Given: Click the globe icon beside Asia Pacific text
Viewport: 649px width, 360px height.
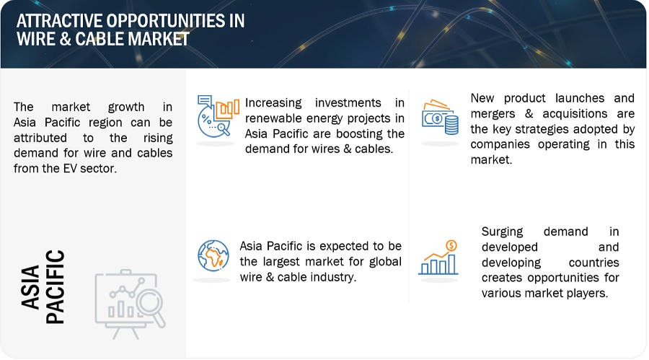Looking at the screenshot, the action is pos(213,255).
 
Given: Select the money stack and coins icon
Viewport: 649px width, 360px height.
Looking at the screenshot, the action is pos(441,118).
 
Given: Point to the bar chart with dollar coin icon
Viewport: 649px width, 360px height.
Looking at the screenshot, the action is pos(438,258).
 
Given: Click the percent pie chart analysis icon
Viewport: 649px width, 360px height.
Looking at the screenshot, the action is pos(218,116).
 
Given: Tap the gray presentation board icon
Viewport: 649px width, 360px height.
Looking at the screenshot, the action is pos(130,304).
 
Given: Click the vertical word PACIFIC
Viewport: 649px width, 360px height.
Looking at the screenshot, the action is pos(56,286).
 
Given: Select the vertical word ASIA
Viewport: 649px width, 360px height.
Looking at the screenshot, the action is pos(30,287).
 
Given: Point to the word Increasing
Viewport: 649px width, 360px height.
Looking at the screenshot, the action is pos(273,102).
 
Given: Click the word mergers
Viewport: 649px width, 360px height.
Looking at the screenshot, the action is pos(493,114).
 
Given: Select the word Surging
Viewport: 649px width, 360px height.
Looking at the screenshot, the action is pos(502,232).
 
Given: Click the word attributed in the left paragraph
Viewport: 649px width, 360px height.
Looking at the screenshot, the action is pos(40,138).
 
